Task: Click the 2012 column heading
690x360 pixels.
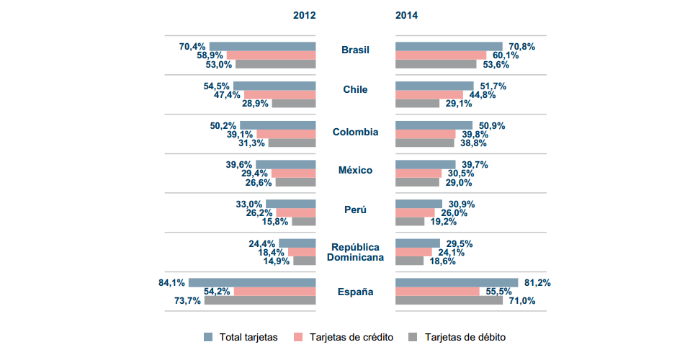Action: (x=304, y=15)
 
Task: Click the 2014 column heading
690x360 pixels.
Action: (x=406, y=15)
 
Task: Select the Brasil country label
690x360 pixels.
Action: (x=355, y=50)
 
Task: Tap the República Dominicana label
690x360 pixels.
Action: (x=355, y=252)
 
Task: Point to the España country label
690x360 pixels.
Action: (x=355, y=292)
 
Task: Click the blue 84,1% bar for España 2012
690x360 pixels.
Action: (x=252, y=282)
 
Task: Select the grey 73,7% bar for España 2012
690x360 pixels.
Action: (x=260, y=300)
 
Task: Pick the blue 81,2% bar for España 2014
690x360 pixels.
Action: (x=457, y=282)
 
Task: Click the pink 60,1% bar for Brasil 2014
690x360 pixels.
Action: (x=441, y=55)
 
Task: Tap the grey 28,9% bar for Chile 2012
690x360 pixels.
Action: (x=294, y=104)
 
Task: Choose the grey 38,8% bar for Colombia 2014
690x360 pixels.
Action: (x=425, y=143)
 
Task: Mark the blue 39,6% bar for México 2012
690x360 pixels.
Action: (x=285, y=164)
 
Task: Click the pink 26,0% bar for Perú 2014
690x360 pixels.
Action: (x=415, y=212)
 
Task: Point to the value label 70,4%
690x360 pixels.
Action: (x=192, y=47)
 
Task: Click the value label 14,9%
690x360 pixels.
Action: (x=277, y=261)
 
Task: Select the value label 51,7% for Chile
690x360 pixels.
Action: (x=493, y=86)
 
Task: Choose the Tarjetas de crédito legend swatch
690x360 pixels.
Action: (x=300, y=337)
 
